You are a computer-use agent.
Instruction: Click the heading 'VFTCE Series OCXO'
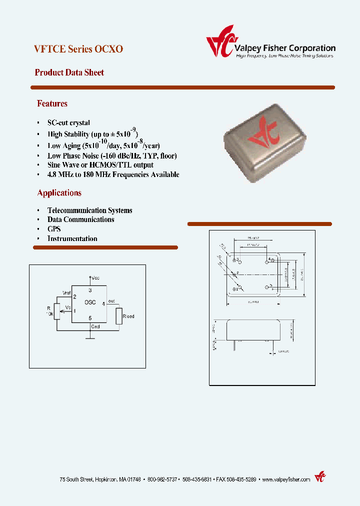click(78, 49)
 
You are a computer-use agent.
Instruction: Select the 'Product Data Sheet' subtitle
click(69, 72)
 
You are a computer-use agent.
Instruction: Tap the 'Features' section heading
click(52, 103)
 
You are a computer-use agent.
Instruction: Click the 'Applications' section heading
click(59, 192)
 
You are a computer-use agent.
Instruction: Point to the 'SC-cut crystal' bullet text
click(68, 122)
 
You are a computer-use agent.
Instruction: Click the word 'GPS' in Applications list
click(54, 228)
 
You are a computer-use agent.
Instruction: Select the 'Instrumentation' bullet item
click(72, 238)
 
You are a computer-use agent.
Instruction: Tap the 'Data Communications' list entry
click(80, 219)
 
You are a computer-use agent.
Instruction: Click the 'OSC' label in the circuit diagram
click(90, 302)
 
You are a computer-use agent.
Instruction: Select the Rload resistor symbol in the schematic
click(118, 316)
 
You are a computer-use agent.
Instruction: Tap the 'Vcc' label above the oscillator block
click(95, 277)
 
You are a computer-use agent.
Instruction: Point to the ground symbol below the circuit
click(90, 337)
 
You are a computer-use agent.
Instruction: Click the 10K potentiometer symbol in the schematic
click(57, 311)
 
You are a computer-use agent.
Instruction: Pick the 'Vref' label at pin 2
click(66, 292)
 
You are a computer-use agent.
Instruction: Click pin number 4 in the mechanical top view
click(269, 259)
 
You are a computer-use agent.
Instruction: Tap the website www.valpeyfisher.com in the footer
click(285, 479)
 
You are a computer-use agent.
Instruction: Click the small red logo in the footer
click(319, 477)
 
